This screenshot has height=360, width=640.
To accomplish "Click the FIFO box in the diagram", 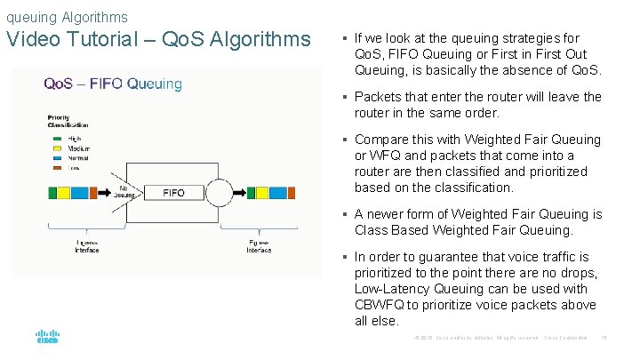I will click(x=174, y=192).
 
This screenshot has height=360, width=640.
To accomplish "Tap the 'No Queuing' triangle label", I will click(x=127, y=193).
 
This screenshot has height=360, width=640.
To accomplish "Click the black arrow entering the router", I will click(x=105, y=192).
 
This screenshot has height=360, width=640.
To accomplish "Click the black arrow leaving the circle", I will click(x=238, y=192).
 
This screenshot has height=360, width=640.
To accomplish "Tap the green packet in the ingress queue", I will click(x=53, y=192).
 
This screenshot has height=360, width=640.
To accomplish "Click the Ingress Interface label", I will click(x=86, y=246).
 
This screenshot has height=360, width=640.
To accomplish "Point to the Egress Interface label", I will click(x=259, y=246).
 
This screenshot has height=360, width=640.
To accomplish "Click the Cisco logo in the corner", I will click(x=47, y=337).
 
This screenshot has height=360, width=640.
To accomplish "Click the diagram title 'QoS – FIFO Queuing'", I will click(x=113, y=84).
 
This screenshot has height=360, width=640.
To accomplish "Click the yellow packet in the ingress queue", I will click(x=65, y=192).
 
